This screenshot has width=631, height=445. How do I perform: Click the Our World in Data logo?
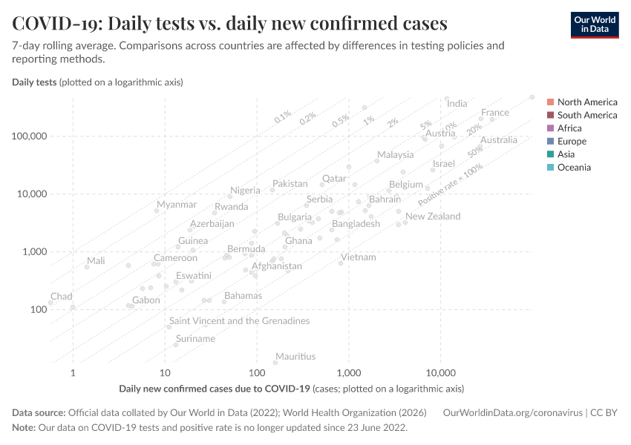pos(594,24)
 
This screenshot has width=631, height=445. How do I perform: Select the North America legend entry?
pos(586,102)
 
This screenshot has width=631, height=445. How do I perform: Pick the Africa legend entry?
pos(569,128)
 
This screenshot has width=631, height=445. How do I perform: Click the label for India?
pos(457,104)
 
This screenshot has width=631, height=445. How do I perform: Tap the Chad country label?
pos(62,297)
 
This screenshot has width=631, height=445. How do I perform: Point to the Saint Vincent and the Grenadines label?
pos(240,321)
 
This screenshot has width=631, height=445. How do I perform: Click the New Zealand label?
pos(433,217)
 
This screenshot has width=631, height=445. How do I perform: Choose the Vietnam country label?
pos(359,257)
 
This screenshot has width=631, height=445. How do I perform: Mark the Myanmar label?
pos(177,205)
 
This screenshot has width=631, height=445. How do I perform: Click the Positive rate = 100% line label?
pos(451,185)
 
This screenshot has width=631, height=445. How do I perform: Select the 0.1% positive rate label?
pos(283,116)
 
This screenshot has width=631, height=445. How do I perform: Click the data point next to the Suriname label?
pos(176,345)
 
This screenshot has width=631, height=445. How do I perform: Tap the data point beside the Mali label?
pos(87,267)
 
